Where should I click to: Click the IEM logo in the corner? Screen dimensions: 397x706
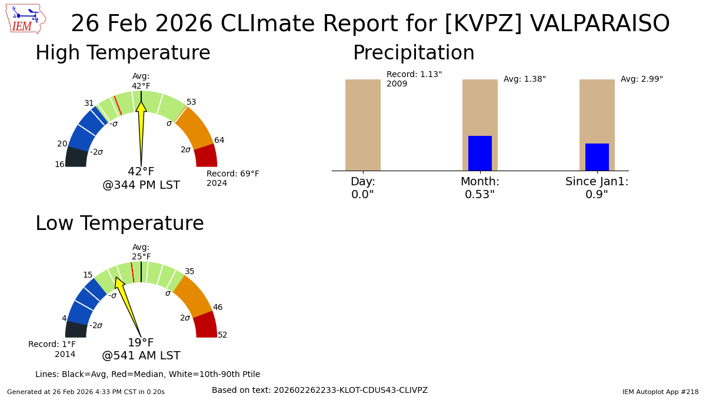(25, 19)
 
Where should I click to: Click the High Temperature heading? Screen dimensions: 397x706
(122, 54)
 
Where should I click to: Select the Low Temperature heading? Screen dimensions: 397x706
(119, 224)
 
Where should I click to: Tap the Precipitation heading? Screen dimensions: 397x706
(414, 54)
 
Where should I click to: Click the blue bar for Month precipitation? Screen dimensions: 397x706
(479, 153)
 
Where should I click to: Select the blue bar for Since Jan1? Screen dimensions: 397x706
(597, 157)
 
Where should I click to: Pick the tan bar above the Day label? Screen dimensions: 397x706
(362, 125)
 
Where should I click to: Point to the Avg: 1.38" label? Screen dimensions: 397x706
(524, 79)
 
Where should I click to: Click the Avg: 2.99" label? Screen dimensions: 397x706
(641, 79)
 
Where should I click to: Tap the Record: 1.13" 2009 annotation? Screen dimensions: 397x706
(414, 79)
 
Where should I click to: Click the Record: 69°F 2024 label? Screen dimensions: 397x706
(232, 178)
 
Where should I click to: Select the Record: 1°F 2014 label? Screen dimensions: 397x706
(52, 349)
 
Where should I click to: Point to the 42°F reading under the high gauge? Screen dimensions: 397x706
(141, 172)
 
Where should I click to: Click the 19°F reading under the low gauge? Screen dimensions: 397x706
(141, 343)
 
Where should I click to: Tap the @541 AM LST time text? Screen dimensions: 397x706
(141, 356)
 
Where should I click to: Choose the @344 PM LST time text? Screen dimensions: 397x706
(141, 185)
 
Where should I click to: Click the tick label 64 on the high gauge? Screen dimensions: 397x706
(219, 141)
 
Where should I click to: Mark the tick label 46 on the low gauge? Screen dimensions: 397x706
(218, 308)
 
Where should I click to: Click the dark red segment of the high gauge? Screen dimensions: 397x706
(206, 156)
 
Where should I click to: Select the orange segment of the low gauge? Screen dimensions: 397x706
(193, 296)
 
